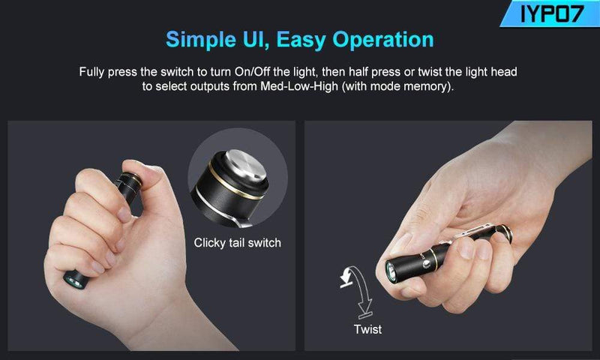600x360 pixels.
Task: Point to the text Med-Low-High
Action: [x=299, y=86]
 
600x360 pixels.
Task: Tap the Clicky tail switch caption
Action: [x=237, y=242]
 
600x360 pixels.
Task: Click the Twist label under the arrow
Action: [x=367, y=329]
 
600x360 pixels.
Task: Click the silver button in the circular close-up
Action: [x=245, y=164]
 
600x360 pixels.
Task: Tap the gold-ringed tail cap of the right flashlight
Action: [x=504, y=232]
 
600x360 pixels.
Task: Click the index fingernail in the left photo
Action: [x=124, y=214]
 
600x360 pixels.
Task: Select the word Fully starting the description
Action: [x=91, y=72]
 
